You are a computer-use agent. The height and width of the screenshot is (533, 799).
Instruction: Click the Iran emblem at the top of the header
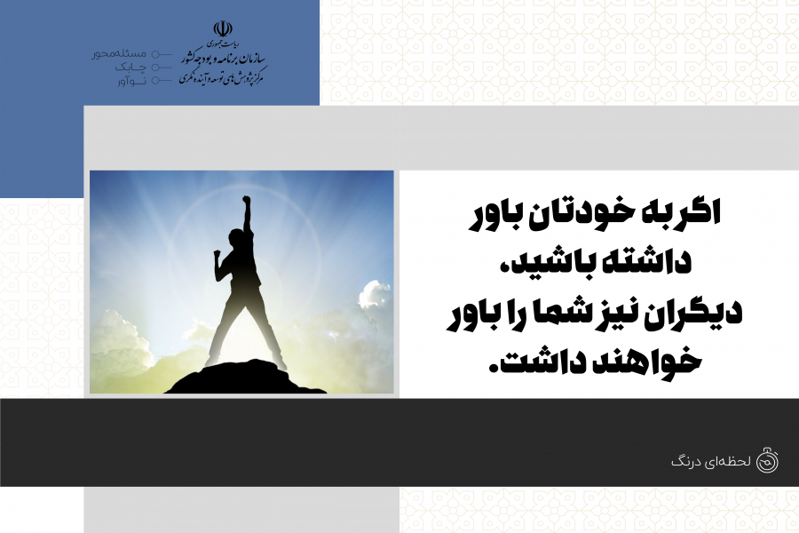(x=223, y=28)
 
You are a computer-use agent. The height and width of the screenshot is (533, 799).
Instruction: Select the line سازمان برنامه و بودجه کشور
(x=223, y=58)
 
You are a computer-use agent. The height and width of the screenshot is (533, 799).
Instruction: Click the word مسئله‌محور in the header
(x=119, y=53)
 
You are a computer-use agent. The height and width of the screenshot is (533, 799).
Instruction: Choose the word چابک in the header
(x=130, y=67)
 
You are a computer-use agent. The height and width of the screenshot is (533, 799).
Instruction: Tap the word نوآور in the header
(x=131, y=81)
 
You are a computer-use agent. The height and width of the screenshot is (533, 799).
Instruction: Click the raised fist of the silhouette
(x=246, y=199)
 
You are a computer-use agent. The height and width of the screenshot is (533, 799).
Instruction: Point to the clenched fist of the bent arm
(x=218, y=253)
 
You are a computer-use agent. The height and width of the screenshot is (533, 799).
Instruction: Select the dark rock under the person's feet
(x=246, y=378)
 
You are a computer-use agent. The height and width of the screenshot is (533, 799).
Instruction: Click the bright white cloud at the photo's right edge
(x=375, y=295)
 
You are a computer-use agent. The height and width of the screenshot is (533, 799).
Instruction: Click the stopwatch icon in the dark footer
(x=767, y=460)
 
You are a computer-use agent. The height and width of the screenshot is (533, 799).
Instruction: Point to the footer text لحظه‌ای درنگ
(x=711, y=462)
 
